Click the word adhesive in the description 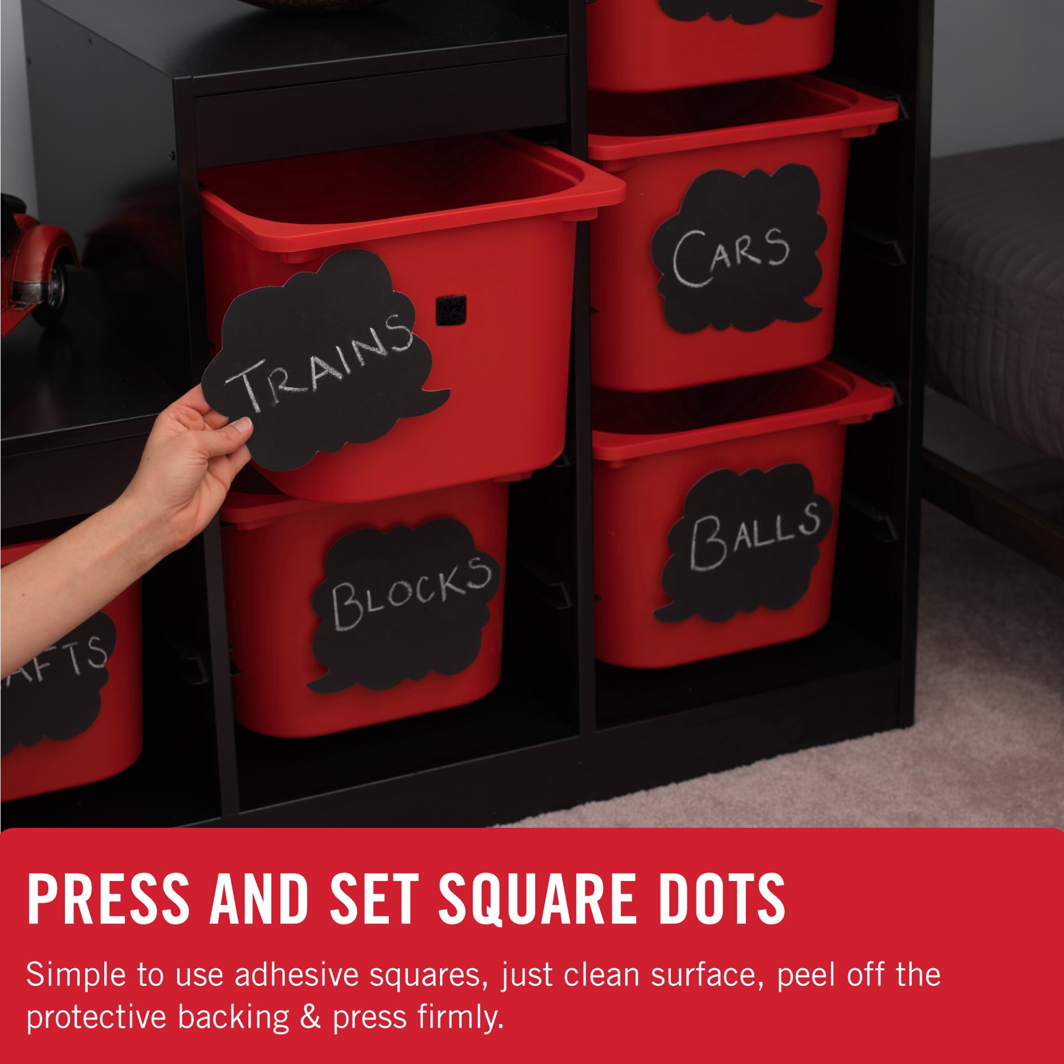296,976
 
